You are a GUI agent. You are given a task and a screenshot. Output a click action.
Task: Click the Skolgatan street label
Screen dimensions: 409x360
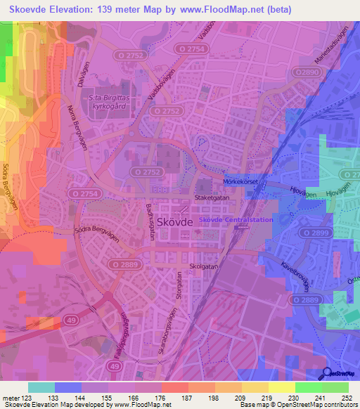point(204,266)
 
